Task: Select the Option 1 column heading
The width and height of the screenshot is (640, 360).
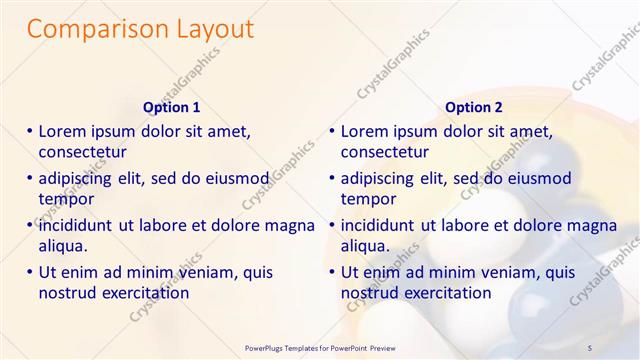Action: point(172,107)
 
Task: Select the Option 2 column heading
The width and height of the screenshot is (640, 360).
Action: point(474,107)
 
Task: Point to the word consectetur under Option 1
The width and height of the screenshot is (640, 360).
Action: point(82,153)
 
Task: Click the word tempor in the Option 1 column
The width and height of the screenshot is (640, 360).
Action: point(66,199)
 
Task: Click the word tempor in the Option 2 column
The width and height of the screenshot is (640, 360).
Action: point(369,199)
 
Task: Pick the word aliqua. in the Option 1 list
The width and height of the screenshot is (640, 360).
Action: point(64,246)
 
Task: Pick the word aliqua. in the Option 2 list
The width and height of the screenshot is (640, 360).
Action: point(366,246)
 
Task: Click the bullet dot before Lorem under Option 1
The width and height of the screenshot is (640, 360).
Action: point(30,131)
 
